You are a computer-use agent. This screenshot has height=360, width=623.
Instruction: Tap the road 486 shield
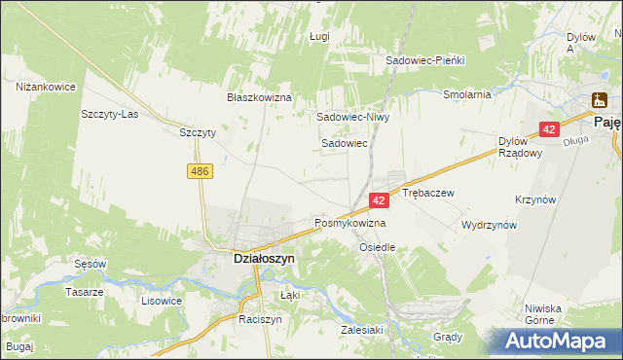point(200,171)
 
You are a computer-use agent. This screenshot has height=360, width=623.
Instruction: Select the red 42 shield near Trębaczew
point(380,199)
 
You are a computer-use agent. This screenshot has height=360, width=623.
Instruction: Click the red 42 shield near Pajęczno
point(550,129)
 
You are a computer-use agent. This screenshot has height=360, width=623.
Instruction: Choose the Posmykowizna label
point(349,223)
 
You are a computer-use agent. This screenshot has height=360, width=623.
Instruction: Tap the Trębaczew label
point(428,193)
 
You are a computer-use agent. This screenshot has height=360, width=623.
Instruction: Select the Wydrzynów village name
point(489,224)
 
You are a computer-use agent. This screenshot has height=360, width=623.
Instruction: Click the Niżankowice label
point(46,87)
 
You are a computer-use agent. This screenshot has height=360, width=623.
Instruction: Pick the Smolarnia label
point(466,95)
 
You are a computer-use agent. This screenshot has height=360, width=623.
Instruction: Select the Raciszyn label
point(260,318)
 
